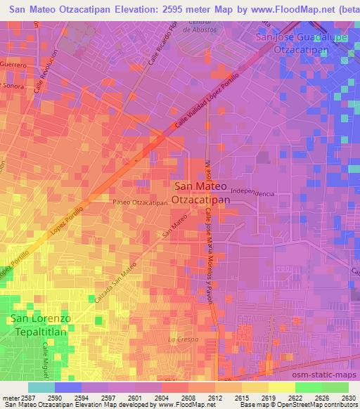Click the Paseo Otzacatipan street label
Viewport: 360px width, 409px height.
click(139, 202)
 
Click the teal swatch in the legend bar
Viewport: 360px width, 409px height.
click(41, 387)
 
